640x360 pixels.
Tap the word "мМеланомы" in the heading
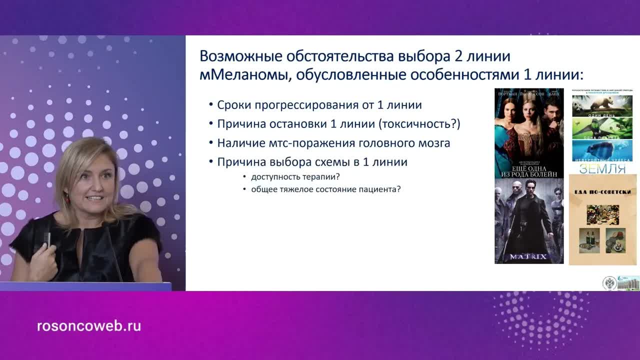[244, 75]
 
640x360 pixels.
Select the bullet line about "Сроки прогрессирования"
[319, 105]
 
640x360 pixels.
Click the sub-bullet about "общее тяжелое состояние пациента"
[325, 189]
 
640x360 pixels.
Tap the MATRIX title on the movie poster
[528, 257]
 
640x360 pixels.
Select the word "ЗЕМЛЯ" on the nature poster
[602, 168]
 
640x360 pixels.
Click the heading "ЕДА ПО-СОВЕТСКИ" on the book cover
[602, 191]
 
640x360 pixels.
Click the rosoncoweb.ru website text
[89, 326]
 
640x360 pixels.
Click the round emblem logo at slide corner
[608, 283]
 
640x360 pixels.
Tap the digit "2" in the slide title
[458, 55]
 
